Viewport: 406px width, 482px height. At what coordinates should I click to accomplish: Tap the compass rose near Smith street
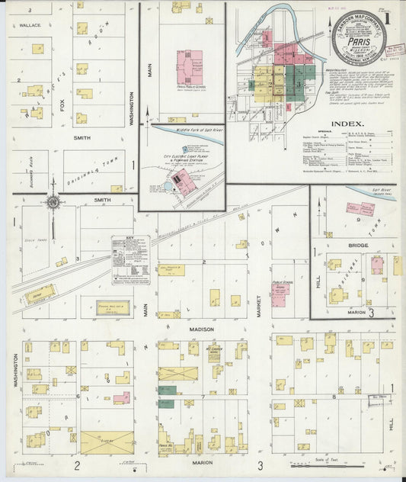click(53, 204)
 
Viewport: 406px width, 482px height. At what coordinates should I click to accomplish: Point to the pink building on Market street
click(280, 294)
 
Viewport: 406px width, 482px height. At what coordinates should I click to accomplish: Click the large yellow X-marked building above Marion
click(107, 442)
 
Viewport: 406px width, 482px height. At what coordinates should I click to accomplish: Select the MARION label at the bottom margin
click(202, 462)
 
